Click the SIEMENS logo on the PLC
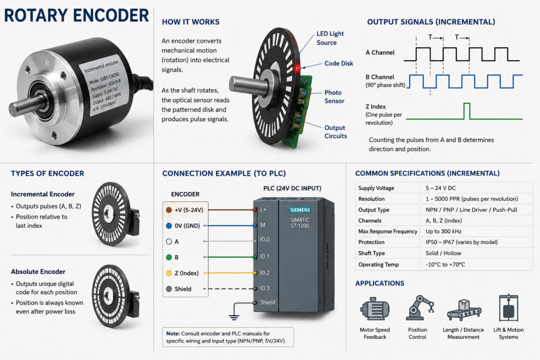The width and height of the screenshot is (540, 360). coord(300,210)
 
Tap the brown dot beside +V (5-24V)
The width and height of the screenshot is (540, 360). coord(169,210)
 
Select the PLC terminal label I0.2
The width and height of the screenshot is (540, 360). coord(265,273)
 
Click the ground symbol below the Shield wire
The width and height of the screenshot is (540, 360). coord(234,317)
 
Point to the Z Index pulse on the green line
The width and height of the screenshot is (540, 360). coord(467,111)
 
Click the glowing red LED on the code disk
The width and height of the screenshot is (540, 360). coord(297,68)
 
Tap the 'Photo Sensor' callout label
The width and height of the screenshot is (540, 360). coord(334,96)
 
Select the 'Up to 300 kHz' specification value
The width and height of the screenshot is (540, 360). coord(443,231)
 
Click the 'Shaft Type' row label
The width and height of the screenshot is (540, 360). coord(371,254)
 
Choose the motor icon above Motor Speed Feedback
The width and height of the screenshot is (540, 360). coord(374,308)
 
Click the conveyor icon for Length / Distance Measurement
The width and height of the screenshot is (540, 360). coord(464,310)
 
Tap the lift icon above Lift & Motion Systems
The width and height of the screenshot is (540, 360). coord(508,308)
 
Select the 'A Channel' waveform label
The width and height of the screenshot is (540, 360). coord(380,53)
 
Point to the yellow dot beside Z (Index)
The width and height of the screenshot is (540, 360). coord(169,273)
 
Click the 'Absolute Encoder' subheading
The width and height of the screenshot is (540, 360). coord(38,271)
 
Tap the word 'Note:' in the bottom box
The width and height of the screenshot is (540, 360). coord(173,334)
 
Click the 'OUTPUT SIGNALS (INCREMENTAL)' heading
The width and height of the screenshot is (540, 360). coord(431,22)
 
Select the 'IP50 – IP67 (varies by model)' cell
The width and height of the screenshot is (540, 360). coord(461,242)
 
